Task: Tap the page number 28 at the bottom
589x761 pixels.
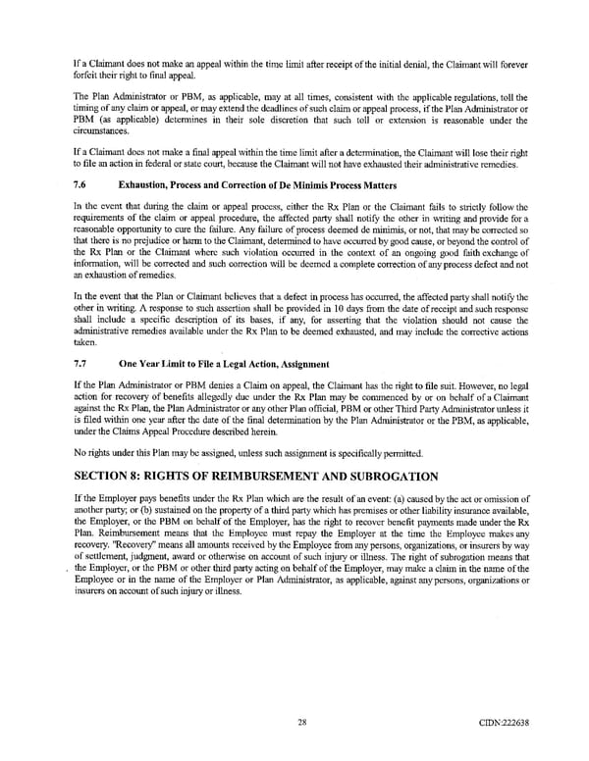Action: pyautogui.click(x=294, y=722)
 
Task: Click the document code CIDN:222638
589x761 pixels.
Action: pyautogui.click(x=506, y=722)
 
